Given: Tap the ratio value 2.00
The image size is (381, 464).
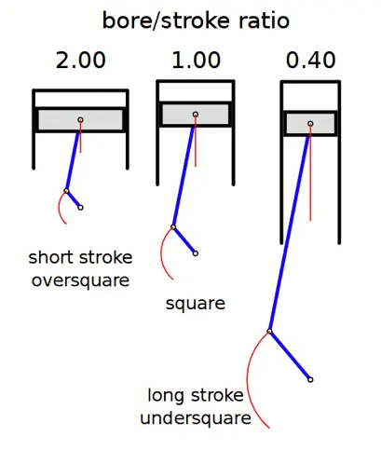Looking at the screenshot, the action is [81, 60].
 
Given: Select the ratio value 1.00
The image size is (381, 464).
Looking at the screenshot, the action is [197, 60].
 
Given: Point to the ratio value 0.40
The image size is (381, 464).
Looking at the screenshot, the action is [311, 60].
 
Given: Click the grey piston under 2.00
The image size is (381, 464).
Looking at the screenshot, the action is [80, 120].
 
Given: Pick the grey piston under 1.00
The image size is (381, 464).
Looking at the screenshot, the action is [196, 114].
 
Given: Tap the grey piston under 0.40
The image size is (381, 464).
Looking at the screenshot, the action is [310, 123].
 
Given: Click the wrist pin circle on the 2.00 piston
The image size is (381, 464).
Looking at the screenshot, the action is [80, 120].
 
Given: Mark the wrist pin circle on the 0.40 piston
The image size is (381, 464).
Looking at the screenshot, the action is [310, 124].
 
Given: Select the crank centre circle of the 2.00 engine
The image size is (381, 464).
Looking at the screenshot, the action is [80, 208].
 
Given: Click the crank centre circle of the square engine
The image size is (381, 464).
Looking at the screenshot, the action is [196, 253].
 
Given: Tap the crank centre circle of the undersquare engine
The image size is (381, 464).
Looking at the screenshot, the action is [310, 379].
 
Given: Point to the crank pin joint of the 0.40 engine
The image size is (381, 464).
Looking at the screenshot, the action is [269, 332].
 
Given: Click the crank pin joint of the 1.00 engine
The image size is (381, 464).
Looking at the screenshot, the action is [173, 227].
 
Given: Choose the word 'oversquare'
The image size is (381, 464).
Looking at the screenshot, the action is [80, 281].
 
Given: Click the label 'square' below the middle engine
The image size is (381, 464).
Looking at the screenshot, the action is [196, 304].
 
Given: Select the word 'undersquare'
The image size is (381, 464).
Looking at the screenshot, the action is [196, 418].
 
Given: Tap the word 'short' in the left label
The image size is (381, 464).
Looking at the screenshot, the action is [50, 257].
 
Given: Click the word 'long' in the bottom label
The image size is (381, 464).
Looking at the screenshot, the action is [165, 396].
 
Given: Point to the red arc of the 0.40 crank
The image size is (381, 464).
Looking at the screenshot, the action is [248, 379].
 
